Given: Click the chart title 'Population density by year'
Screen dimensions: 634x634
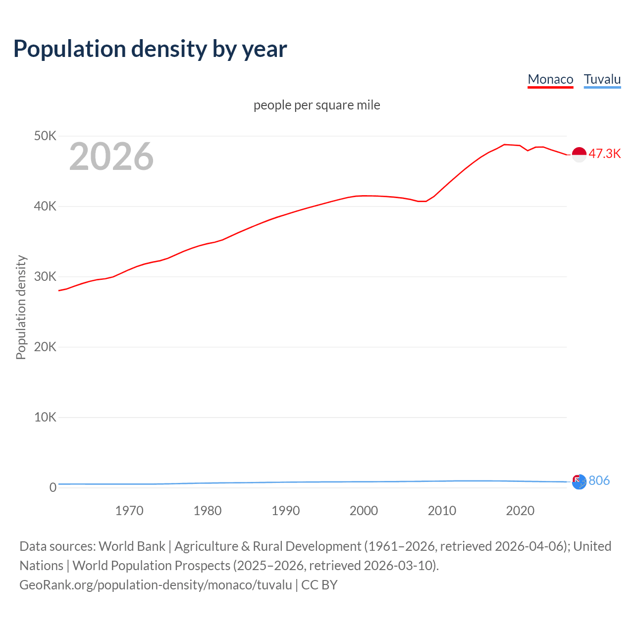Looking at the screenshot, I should [150, 49].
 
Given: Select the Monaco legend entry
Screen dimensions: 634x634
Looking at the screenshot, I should [550, 79].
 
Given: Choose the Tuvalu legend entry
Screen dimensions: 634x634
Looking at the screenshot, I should [602, 79].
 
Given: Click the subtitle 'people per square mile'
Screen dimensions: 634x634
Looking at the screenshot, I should [317, 105].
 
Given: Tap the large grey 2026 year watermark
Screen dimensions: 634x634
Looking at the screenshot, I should [111, 157].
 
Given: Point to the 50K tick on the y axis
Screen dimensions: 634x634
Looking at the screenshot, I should [45, 136].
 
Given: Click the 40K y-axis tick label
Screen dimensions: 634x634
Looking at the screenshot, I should [45, 206].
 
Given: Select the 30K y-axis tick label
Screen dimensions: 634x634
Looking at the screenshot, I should [45, 276].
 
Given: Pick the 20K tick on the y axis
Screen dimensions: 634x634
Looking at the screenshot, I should [45, 347].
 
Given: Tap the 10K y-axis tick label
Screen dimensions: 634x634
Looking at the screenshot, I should [45, 417].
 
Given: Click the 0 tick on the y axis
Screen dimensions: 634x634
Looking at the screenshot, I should [53, 487].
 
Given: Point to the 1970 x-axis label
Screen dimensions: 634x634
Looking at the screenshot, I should [129, 511].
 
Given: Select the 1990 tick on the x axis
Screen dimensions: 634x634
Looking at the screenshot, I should [286, 511].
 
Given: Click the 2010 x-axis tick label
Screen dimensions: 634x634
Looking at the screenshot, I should [442, 511].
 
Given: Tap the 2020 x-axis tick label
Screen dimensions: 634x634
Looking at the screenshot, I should [520, 511].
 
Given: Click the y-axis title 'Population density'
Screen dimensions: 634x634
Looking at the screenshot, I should [21, 307].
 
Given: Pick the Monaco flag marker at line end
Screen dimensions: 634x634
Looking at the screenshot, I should [579, 155].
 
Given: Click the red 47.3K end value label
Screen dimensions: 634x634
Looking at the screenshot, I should [604, 154].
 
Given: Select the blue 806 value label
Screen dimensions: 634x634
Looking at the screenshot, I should [599, 480].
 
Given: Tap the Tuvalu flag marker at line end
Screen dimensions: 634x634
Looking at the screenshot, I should [579, 481].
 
